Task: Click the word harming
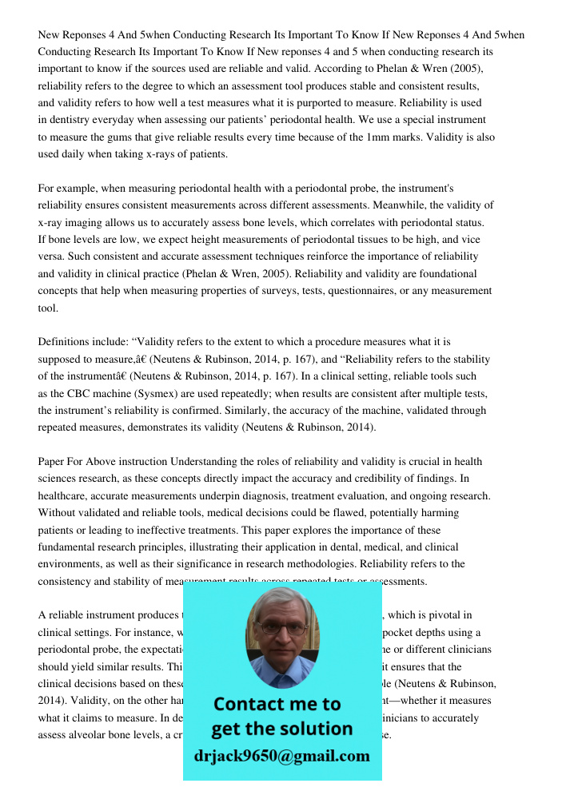pyautogui.click(x=438, y=512)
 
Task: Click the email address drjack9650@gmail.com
pyautogui.click(x=281, y=756)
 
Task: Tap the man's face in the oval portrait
pyautogui.click(x=281, y=636)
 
